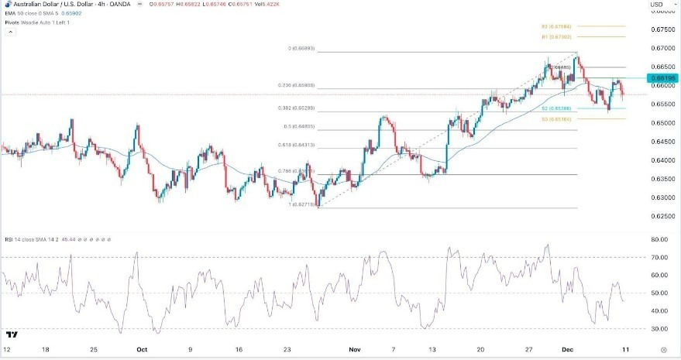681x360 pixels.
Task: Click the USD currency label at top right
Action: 655,5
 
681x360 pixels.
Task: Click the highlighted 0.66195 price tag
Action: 664,78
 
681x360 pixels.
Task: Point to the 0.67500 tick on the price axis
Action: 662,30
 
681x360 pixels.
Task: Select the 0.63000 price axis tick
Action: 662,197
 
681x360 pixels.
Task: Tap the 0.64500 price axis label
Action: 662,142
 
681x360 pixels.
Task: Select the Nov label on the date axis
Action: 355,350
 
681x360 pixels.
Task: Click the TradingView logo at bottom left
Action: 12,335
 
